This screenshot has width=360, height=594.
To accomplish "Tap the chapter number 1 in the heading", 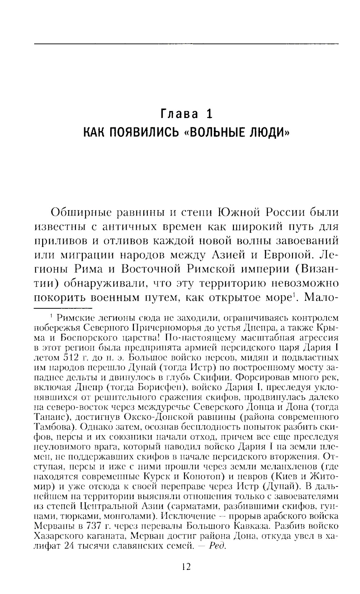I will tap(209, 114).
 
